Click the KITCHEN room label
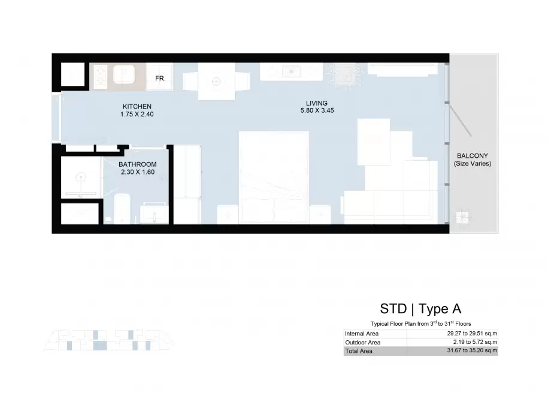coord(137,106)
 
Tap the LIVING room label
coord(317,103)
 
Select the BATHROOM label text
coord(137,164)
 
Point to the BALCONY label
coord(472,156)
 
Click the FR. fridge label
coord(161,79)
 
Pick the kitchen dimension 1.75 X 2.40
coord(137,114)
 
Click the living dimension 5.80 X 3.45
coord(317,110)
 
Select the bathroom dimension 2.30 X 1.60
coord(138,172)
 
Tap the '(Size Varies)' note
coord(473,164)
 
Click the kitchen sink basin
coord(124,74)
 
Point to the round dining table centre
coord(216,82)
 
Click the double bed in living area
coord(274,177)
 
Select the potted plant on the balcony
coord(462,217)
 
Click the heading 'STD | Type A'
coord(420,308)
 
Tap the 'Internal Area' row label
coord(362,334)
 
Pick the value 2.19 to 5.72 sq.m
coord(476,342)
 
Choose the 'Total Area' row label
coord(359,351)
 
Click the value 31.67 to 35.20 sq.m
coord(472,350)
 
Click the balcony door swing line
coord(461,120)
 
